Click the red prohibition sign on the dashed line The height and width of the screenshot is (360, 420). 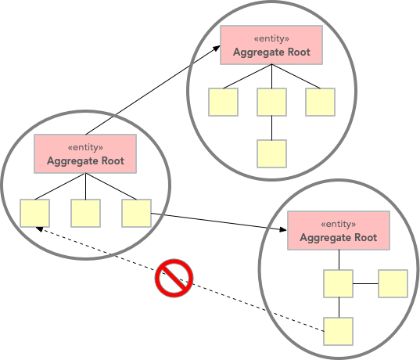pyautogui.click(x=174, y=278)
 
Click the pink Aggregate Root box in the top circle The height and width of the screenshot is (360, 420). pyautogui.click(x=271, y=45)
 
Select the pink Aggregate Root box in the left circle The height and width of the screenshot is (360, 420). pyautogui.click(x=85, y=154)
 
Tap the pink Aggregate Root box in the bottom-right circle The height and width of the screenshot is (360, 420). pyautogui.click(x=339, y=231)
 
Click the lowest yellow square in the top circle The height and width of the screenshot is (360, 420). pyautogui.click(x=271, y=153)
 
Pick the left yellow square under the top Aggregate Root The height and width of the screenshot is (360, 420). pyautogui.click(x=223, y=102)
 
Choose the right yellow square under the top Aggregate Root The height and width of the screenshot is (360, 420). pyautogui.click(x=320, y=102)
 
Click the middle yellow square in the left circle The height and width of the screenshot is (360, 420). pyautogui.click(x=85, y=213)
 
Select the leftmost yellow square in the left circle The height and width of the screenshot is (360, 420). pyautogui.click(x=35, y=213)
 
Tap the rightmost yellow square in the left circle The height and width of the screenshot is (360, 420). pyautogui.click(x=136, y=213)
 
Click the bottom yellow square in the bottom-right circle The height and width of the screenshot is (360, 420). pyautogui.click(x=338, y=331)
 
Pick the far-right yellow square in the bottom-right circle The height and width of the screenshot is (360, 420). pyautogui.click(x=393, y=283)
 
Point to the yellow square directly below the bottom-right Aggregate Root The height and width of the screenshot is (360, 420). pyautogui.click(x=338, y=283)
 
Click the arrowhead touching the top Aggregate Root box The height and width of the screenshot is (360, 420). pyautogui.click(x=217, y=49)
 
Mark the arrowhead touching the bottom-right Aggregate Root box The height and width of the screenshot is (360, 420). pyautogui.click(x=283, y=229)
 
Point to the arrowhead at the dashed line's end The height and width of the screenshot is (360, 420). pyautogui.click(x=39, y=229)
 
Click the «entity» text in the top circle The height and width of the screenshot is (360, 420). pyautogui.click(x=271, y=38)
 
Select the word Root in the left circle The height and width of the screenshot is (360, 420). pyautogui.click(x=113, y=161)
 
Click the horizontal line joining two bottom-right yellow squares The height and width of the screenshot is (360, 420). pyautogui.click(x=365, y=283)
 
